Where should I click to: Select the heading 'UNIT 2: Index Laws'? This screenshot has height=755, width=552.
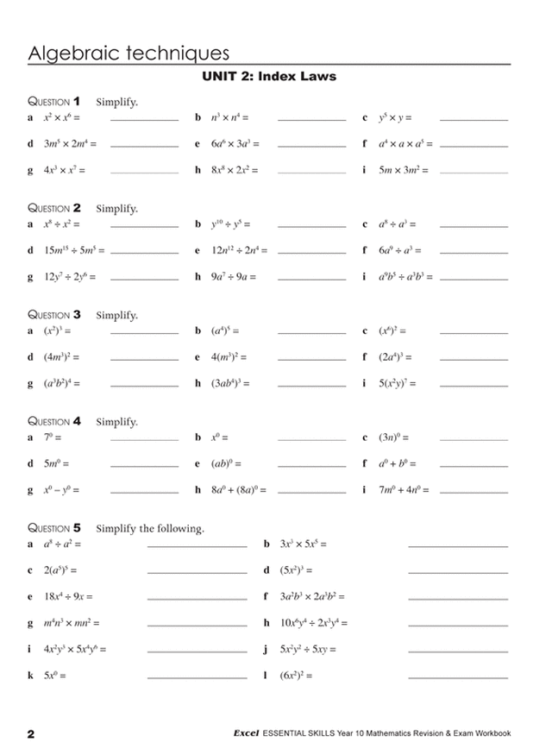(x=268, y=76)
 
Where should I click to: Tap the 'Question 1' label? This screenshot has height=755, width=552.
(x=54, y=100)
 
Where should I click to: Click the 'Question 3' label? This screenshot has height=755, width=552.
(x=54, y=314)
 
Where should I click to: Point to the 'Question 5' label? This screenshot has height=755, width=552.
(x=54, y=526)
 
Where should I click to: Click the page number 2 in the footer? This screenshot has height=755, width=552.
(x=31, y=734)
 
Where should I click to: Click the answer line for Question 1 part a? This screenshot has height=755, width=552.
(x=144, y=119)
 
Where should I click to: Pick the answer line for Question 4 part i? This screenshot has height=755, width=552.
(x=473, y=494)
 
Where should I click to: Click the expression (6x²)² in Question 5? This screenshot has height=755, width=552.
(x=298, y=674)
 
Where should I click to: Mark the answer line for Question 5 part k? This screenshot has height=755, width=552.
(x=197, y=676)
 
